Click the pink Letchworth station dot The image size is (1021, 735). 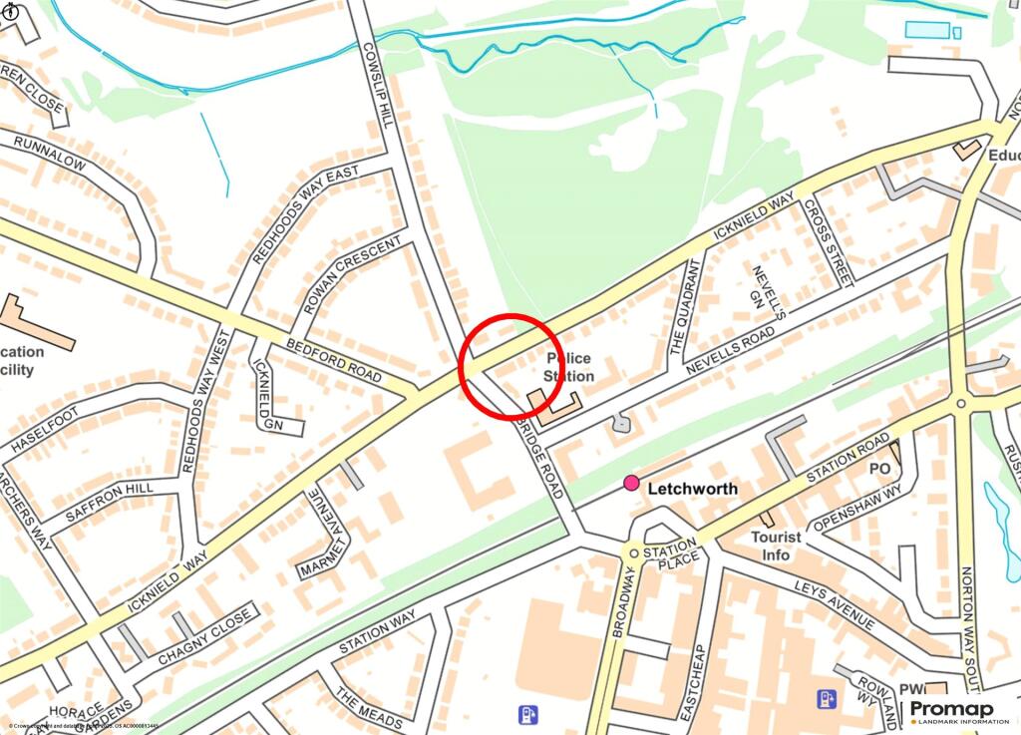(631, 484)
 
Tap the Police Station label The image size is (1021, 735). (568, 367)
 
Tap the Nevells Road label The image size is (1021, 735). (730, 349)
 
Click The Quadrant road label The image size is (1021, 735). (685, 309)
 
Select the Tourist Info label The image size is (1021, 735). (777, 546)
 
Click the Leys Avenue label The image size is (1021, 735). (836, 604)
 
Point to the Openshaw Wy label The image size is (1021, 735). (855, 509)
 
